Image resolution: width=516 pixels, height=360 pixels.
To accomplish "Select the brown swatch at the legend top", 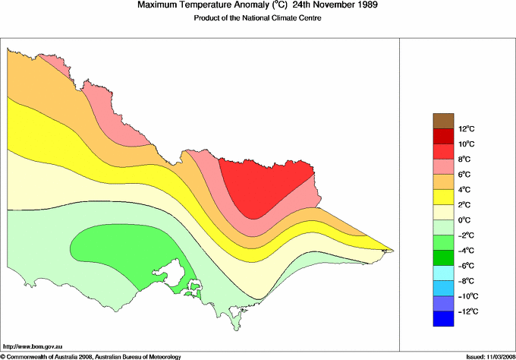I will [443, 121].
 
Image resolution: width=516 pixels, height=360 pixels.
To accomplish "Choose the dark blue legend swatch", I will [443, 319].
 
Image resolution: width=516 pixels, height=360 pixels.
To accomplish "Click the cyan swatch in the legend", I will [443, 273].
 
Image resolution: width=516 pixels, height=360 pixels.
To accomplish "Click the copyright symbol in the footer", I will [3, 355].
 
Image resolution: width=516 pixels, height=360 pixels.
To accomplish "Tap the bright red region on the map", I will [266, 186].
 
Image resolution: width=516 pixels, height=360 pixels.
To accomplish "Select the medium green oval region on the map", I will [121, 247].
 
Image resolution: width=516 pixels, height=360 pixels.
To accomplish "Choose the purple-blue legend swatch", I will [443, 303].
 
